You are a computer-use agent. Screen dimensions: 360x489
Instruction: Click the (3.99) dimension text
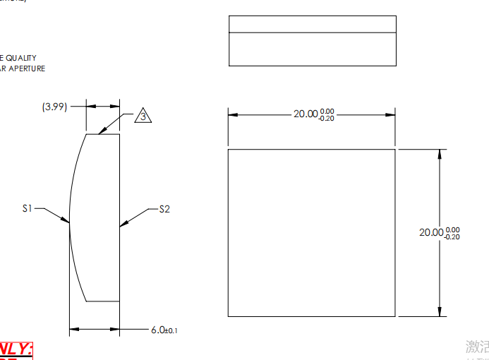[x=54, y=107]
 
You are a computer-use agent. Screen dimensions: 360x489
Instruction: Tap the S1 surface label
[x=28, y=208]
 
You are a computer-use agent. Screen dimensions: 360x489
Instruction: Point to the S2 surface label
[x=164, y=209]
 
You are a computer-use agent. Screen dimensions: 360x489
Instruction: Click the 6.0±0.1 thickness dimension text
[x=164, y=330]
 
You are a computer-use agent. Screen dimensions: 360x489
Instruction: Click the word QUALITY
[x=21, y=58]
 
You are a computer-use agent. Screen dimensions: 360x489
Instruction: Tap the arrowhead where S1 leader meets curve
[x=67, y=221]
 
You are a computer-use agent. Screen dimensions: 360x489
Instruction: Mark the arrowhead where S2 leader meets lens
[x=123, y=224]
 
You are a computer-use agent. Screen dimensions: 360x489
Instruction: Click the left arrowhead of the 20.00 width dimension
[x=232, y=114]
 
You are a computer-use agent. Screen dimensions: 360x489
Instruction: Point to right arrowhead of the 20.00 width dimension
[x=391, y=114]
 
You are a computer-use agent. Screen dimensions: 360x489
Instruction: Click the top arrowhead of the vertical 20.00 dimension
[x=440, y=153]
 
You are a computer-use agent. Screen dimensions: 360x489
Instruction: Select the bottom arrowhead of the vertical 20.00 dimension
[x=440, y=312]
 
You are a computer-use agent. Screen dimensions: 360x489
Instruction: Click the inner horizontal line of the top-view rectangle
[x=313, y=32]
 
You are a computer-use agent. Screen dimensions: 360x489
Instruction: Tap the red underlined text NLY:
[x=16, y=349]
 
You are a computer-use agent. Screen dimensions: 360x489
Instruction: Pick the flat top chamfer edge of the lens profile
[x=102, y=134]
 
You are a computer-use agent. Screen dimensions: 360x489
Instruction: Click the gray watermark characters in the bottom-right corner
[x=477, y=347]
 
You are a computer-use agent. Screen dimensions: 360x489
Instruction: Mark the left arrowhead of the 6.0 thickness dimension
[x=73, y=329]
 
